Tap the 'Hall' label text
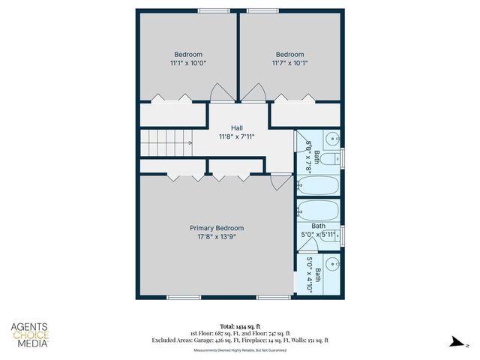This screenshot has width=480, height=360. [x=236, y=128]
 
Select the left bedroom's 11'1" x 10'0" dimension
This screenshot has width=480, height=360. [x=188, y=64]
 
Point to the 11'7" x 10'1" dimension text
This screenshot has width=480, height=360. [x=289, y=64]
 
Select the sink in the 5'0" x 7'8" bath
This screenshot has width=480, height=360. [x=332, y=138]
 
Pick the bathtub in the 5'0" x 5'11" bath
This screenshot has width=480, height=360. [x=319, y=210]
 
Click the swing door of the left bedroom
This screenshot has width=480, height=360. [x=220, y=94]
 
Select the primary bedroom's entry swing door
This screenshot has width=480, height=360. [x=280, y=181]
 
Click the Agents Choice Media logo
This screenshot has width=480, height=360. [x=30, y=335]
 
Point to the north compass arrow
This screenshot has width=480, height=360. [x=456, y=342]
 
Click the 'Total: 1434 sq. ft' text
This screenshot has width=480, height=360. [x=239, y=327]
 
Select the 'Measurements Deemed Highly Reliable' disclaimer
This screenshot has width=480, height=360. [x=239, y=350]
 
